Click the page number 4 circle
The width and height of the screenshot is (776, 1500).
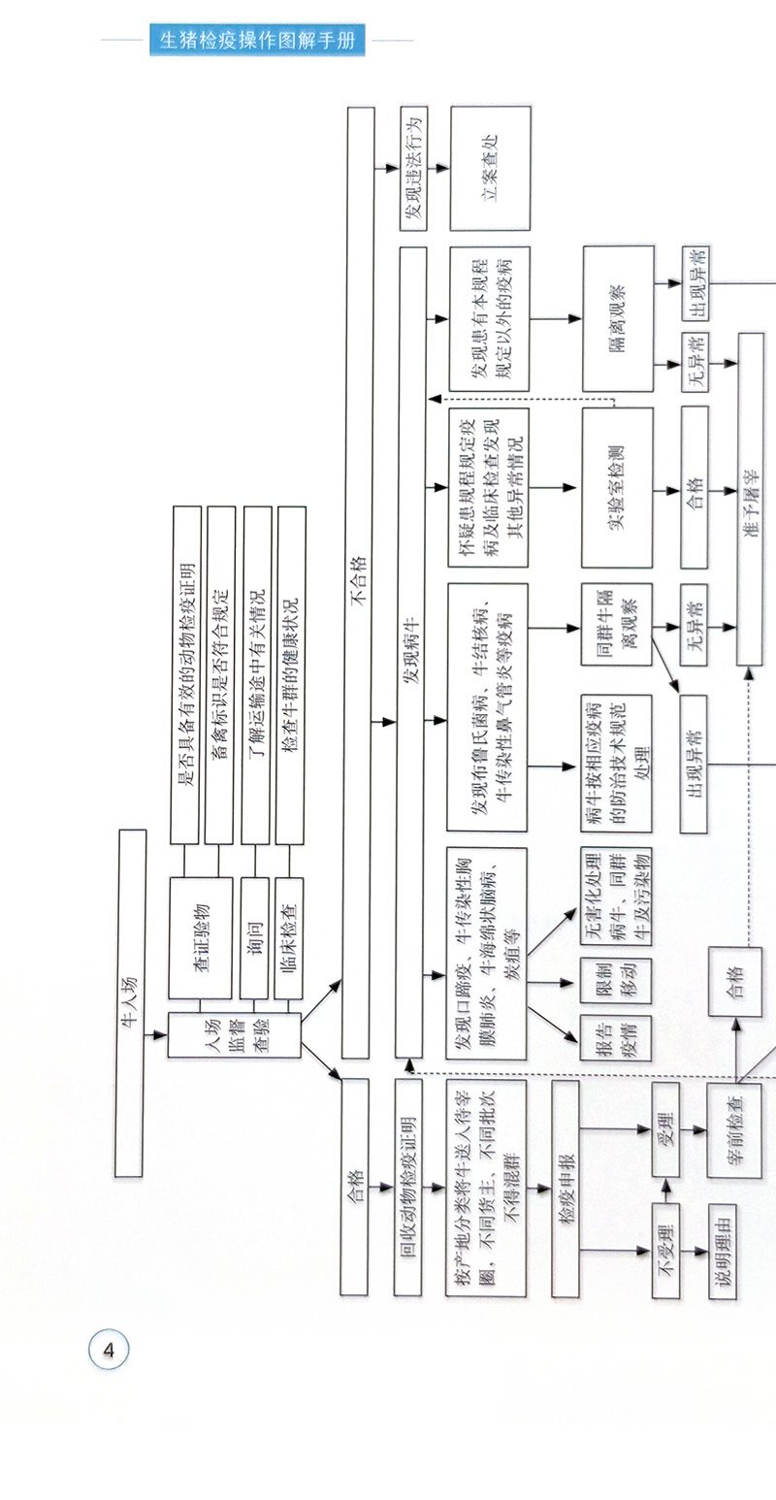coord(109,1349)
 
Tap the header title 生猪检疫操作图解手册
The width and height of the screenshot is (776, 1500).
coord(258,41)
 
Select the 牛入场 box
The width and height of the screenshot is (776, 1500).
coord(131,1002)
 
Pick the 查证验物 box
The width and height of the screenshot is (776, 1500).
coord(201,937)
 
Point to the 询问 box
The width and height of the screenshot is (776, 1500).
coord(254,937)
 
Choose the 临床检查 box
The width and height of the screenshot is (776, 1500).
coord(289,937)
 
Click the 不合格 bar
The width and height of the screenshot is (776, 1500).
coord(358,582)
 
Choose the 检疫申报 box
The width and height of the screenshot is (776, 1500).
coord(566,1189)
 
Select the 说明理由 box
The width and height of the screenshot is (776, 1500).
coord(723,1252)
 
